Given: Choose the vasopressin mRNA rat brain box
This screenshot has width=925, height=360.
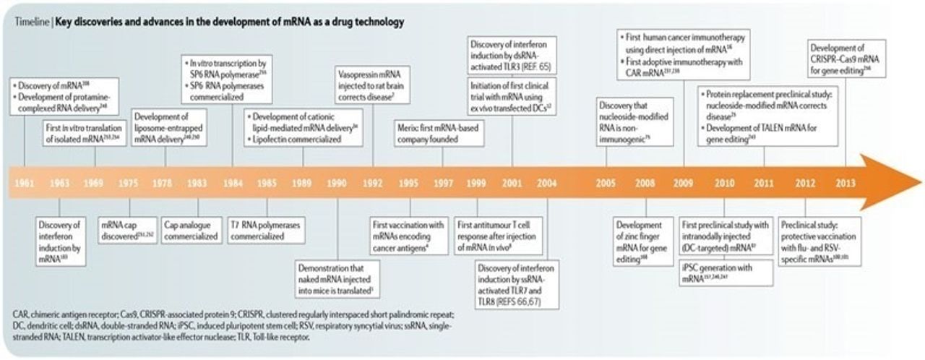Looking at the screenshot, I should pyautogui.click(x=373, y=85).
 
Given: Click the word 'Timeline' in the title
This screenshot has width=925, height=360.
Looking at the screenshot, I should pyautogui.click(x=30, y=22).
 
